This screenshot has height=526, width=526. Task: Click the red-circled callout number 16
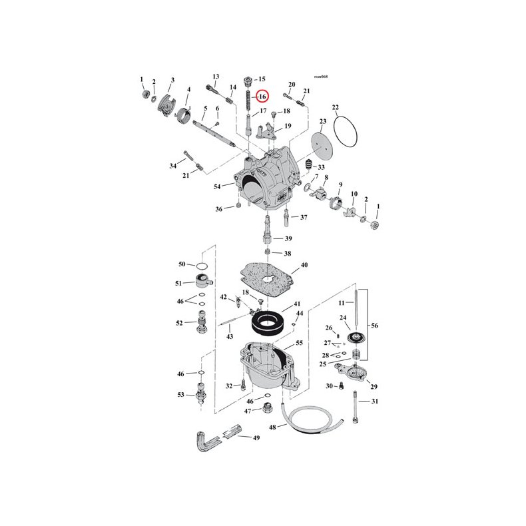tap(262, 97)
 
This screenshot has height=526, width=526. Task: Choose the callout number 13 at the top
tap(216, 76)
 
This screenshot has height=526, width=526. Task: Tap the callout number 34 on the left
tap(173, 165)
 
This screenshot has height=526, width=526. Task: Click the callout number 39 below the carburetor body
tap(288, 239)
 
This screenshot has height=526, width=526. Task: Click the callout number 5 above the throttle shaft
tap(206, 108)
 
